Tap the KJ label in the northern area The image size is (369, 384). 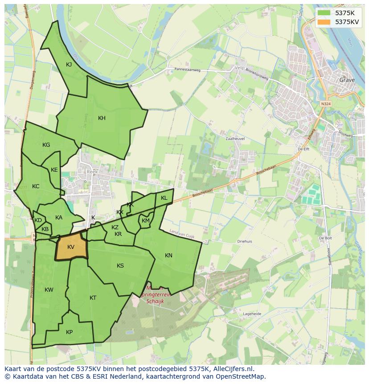(x=69, y=65)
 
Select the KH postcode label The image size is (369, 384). (x=102, y=118)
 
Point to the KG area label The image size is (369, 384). (x=46, y=145)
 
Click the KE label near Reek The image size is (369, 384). (x=54, y=170)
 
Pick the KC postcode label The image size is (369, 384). (x=36, y=186)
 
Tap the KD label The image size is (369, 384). (x=38, y=220)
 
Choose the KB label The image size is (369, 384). (x=45, y=229)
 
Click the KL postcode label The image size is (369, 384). (x=164, y=198)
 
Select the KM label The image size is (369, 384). (x=146, y=221)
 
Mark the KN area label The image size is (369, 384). (x=168, y=256)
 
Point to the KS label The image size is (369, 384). (x=120, y=266)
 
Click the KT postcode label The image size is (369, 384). (x=93, y=298)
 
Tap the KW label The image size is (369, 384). (x=49, y=290)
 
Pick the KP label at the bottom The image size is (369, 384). (x=69, y=332)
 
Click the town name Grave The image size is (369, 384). (x=347, y=80)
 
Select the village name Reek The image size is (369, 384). (x=92, y=172)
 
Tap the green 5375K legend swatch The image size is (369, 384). (x=324, y=13)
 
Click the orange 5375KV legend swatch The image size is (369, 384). (x=324, y=21)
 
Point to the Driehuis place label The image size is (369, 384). (x=245, y=241)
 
